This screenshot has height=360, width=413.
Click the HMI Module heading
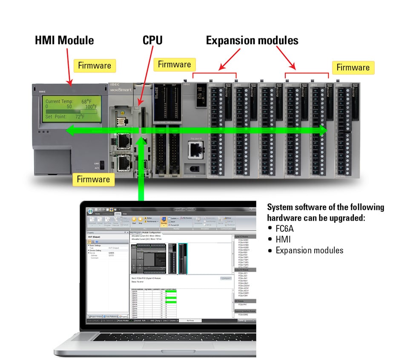(64, 41)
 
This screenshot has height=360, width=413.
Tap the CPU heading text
(152, 41)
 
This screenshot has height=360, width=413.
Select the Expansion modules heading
(252, 41)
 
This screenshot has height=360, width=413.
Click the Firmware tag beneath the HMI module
(93, 179)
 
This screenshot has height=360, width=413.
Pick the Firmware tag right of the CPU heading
(174, 65)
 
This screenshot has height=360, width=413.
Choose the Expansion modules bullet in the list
(309, 251)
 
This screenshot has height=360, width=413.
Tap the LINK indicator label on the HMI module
(97, 163)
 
